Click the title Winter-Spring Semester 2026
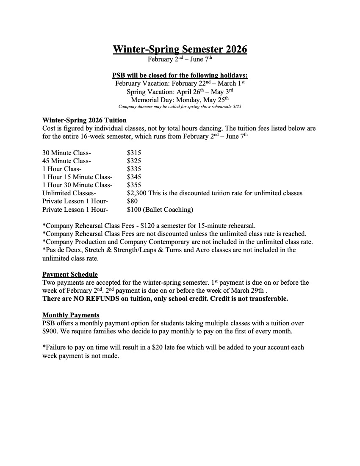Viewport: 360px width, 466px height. click(x=180, y=49)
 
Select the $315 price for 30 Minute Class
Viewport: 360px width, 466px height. click(x=134, y=153)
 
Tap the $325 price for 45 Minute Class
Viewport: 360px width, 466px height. click(x=134, y=161)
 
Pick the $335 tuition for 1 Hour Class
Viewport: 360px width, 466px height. click(x=134, y=169)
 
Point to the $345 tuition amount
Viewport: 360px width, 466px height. click(x=134, y=177)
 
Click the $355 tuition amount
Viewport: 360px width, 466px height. click(x=134, y=185)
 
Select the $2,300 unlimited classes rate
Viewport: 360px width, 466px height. click(x=136, y=193)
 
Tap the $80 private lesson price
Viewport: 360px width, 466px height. click(x=132, y=201)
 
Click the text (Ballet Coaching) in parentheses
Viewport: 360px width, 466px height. click(x=169, y=209)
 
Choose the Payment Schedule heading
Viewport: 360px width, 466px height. click(x=70, y=275)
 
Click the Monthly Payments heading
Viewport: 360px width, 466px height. click(x=71, y=315)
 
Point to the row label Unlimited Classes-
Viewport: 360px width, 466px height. click(x=69, y=193)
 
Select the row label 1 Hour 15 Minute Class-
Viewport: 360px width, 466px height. click(x=78, y=177)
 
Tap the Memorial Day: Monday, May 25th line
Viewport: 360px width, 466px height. click(x=180, y=100)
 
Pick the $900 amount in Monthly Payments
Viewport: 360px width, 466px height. click(x=51, y=331)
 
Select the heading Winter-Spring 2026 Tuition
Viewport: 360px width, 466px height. click(x=84, y=120)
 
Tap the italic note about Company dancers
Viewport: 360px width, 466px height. click(x=180, y=106)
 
